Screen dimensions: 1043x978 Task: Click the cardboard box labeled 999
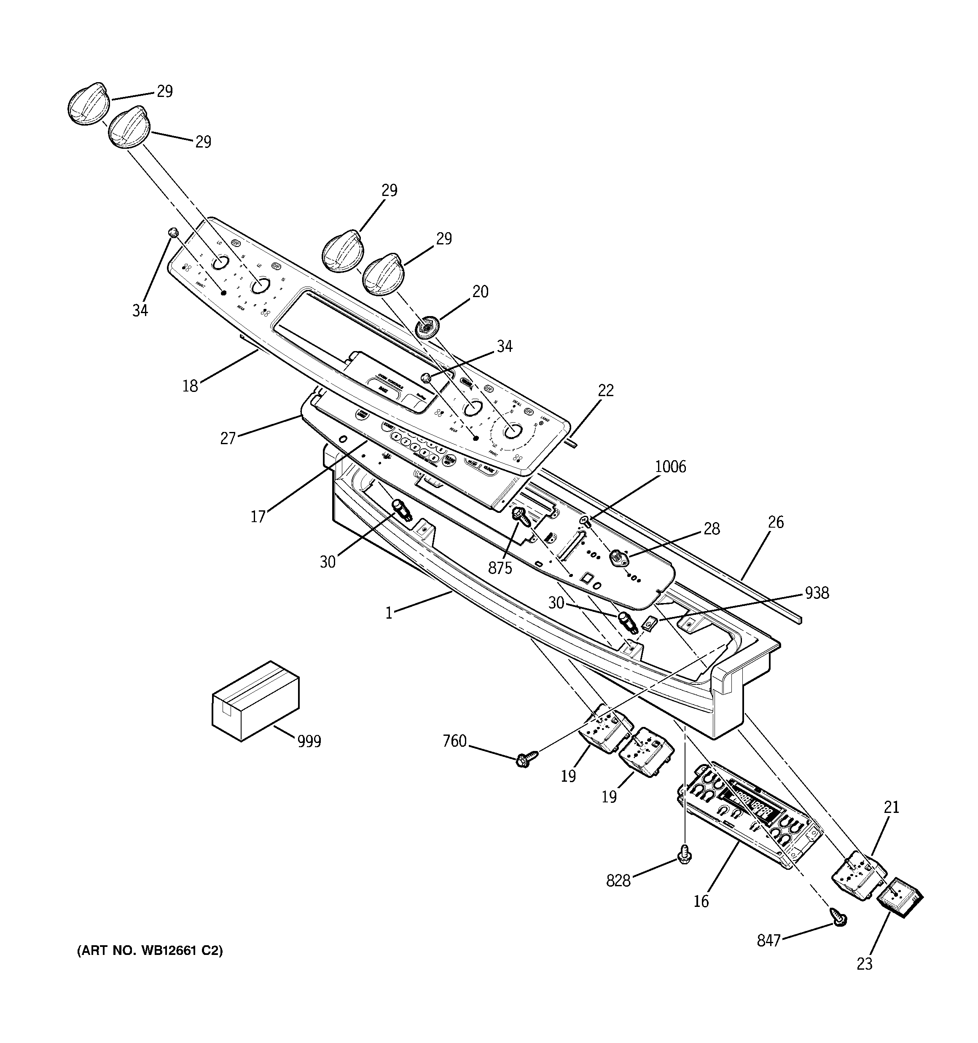(255, 701)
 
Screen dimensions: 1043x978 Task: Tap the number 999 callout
(309, 741)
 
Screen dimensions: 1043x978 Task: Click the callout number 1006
(670, 467)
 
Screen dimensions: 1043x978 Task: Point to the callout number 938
(817, 593)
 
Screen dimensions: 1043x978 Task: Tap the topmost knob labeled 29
(88, 103)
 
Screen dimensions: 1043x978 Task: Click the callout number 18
(190, 386)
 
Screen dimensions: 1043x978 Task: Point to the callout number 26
(775, 522)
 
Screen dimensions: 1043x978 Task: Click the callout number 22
(605, 390)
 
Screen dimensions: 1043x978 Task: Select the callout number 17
(258, 517)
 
